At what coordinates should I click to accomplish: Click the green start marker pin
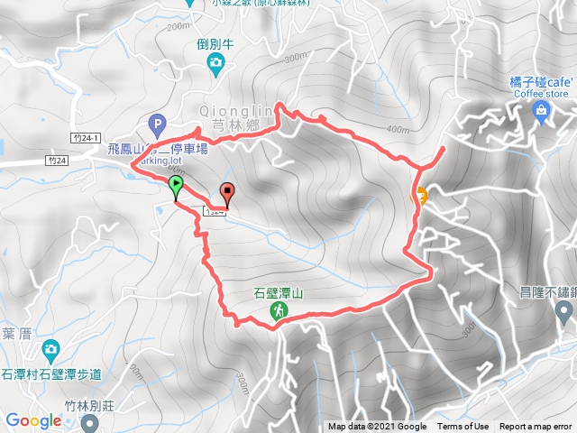175,187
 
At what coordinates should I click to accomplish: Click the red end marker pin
227,192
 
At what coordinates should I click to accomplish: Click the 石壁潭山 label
279,292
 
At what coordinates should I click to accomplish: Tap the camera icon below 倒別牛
215,61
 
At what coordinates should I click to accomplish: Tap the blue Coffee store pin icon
541,111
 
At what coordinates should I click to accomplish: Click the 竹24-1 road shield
84,137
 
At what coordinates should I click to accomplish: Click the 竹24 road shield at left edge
57,161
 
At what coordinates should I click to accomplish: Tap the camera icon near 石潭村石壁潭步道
50,348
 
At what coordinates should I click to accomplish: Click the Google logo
33,420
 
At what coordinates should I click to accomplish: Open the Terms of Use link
463,427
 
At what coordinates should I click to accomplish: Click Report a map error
536,427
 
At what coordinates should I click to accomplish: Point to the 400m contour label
397,128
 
